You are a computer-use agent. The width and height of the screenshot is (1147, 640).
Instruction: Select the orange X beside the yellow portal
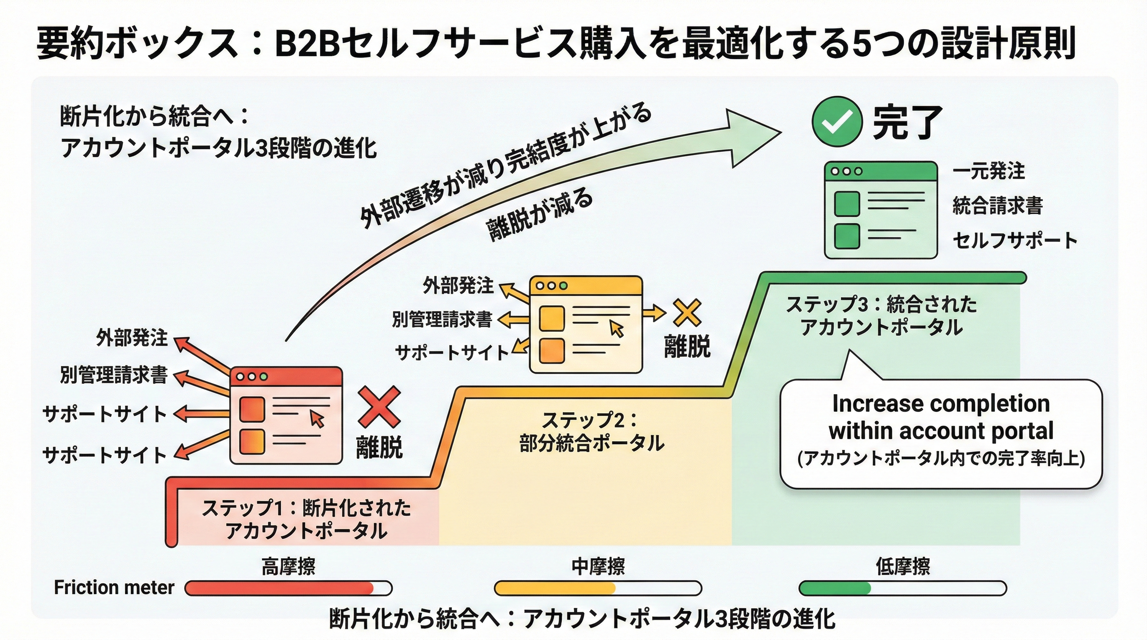coord(687,313)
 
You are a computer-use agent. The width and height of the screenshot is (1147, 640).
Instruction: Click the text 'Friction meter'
coord(114,587)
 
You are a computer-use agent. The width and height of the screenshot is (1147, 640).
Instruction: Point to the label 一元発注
coord(989,171)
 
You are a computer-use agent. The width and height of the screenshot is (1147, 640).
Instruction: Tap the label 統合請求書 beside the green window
coord(997,205)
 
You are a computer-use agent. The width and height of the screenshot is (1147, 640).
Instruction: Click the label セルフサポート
coord(1014,240)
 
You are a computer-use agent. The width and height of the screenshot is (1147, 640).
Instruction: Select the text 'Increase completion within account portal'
coord(940,417)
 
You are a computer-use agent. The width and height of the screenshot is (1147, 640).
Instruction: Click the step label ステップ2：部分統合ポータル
coord(591,431)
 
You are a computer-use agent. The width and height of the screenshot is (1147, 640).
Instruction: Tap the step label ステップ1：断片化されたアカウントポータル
coord(306,519)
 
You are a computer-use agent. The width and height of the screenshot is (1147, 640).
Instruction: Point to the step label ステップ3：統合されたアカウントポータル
coord(881,315)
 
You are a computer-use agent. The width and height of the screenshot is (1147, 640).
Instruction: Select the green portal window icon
coord(881,210)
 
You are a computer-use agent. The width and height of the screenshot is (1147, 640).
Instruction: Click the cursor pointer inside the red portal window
coord(317,419)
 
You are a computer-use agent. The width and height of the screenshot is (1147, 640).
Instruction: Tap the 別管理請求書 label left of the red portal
coord(114,375)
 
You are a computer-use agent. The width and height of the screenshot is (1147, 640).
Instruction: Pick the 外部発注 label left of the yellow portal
coord(458,285)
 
